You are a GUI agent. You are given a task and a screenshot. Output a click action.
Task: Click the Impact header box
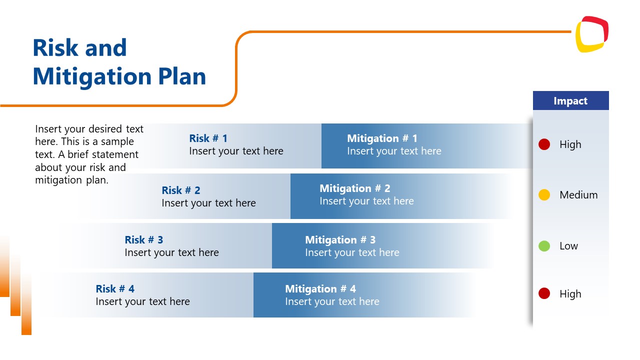[x=570, y=100]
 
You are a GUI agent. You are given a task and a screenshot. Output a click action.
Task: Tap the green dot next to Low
[x=544, y=245]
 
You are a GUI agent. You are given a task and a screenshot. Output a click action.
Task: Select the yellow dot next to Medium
[x=544, y=195]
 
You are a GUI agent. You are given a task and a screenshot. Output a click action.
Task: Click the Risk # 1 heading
[x=208, y=138]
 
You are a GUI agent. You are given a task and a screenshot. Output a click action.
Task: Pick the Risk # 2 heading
[x=180, y=190]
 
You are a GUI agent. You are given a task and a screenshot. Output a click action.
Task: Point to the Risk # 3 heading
[x=143, y=240]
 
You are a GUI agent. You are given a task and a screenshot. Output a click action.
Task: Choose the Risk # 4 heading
[x=115, y=289]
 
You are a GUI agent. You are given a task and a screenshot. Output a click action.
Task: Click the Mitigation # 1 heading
[x=382, y=138]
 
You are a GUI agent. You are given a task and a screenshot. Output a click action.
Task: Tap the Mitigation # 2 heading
[x=354, y=188]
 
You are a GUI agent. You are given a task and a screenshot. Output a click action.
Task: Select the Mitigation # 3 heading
[x=340, y=240]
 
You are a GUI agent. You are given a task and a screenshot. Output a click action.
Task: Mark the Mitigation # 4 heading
[x=320, y=289]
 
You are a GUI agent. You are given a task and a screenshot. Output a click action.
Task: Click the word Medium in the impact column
[x=578, y=195]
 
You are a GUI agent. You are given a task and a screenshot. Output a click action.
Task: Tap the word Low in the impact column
[x=568, y=246]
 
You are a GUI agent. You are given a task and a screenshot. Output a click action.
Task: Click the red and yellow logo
[x=591, y=34]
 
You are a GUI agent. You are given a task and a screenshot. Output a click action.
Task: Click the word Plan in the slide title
[x=182, y=76]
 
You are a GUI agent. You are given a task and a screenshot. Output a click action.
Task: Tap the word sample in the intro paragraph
[x=117, y=141]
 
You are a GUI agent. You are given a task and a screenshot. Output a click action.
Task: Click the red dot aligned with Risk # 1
[x=544, y=144]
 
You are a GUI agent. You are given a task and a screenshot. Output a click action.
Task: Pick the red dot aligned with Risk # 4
[x=544, y=293]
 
